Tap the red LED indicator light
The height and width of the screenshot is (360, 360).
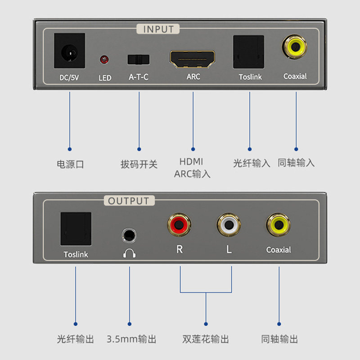click(104, 59)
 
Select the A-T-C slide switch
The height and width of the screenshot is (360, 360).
click(138, 59)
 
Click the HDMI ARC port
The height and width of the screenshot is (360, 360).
click(192, 58)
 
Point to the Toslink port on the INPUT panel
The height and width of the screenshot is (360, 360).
click(248, 51)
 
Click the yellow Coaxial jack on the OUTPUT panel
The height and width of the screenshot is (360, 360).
click(279, 224)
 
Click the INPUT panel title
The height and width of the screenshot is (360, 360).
click(158, 29)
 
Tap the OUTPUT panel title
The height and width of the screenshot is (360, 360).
click(128, 201)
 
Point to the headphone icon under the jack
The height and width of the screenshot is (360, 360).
click(130, 253)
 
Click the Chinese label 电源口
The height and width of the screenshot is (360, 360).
click(70, 164)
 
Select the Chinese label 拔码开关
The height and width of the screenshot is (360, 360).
click(139, 164)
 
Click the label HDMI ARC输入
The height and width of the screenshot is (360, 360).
click(192, 167)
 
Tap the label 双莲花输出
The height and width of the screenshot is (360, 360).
click(206, 339)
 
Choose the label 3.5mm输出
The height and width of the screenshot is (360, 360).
click(132, 339)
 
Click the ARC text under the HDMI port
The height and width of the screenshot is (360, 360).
click(193, 76)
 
